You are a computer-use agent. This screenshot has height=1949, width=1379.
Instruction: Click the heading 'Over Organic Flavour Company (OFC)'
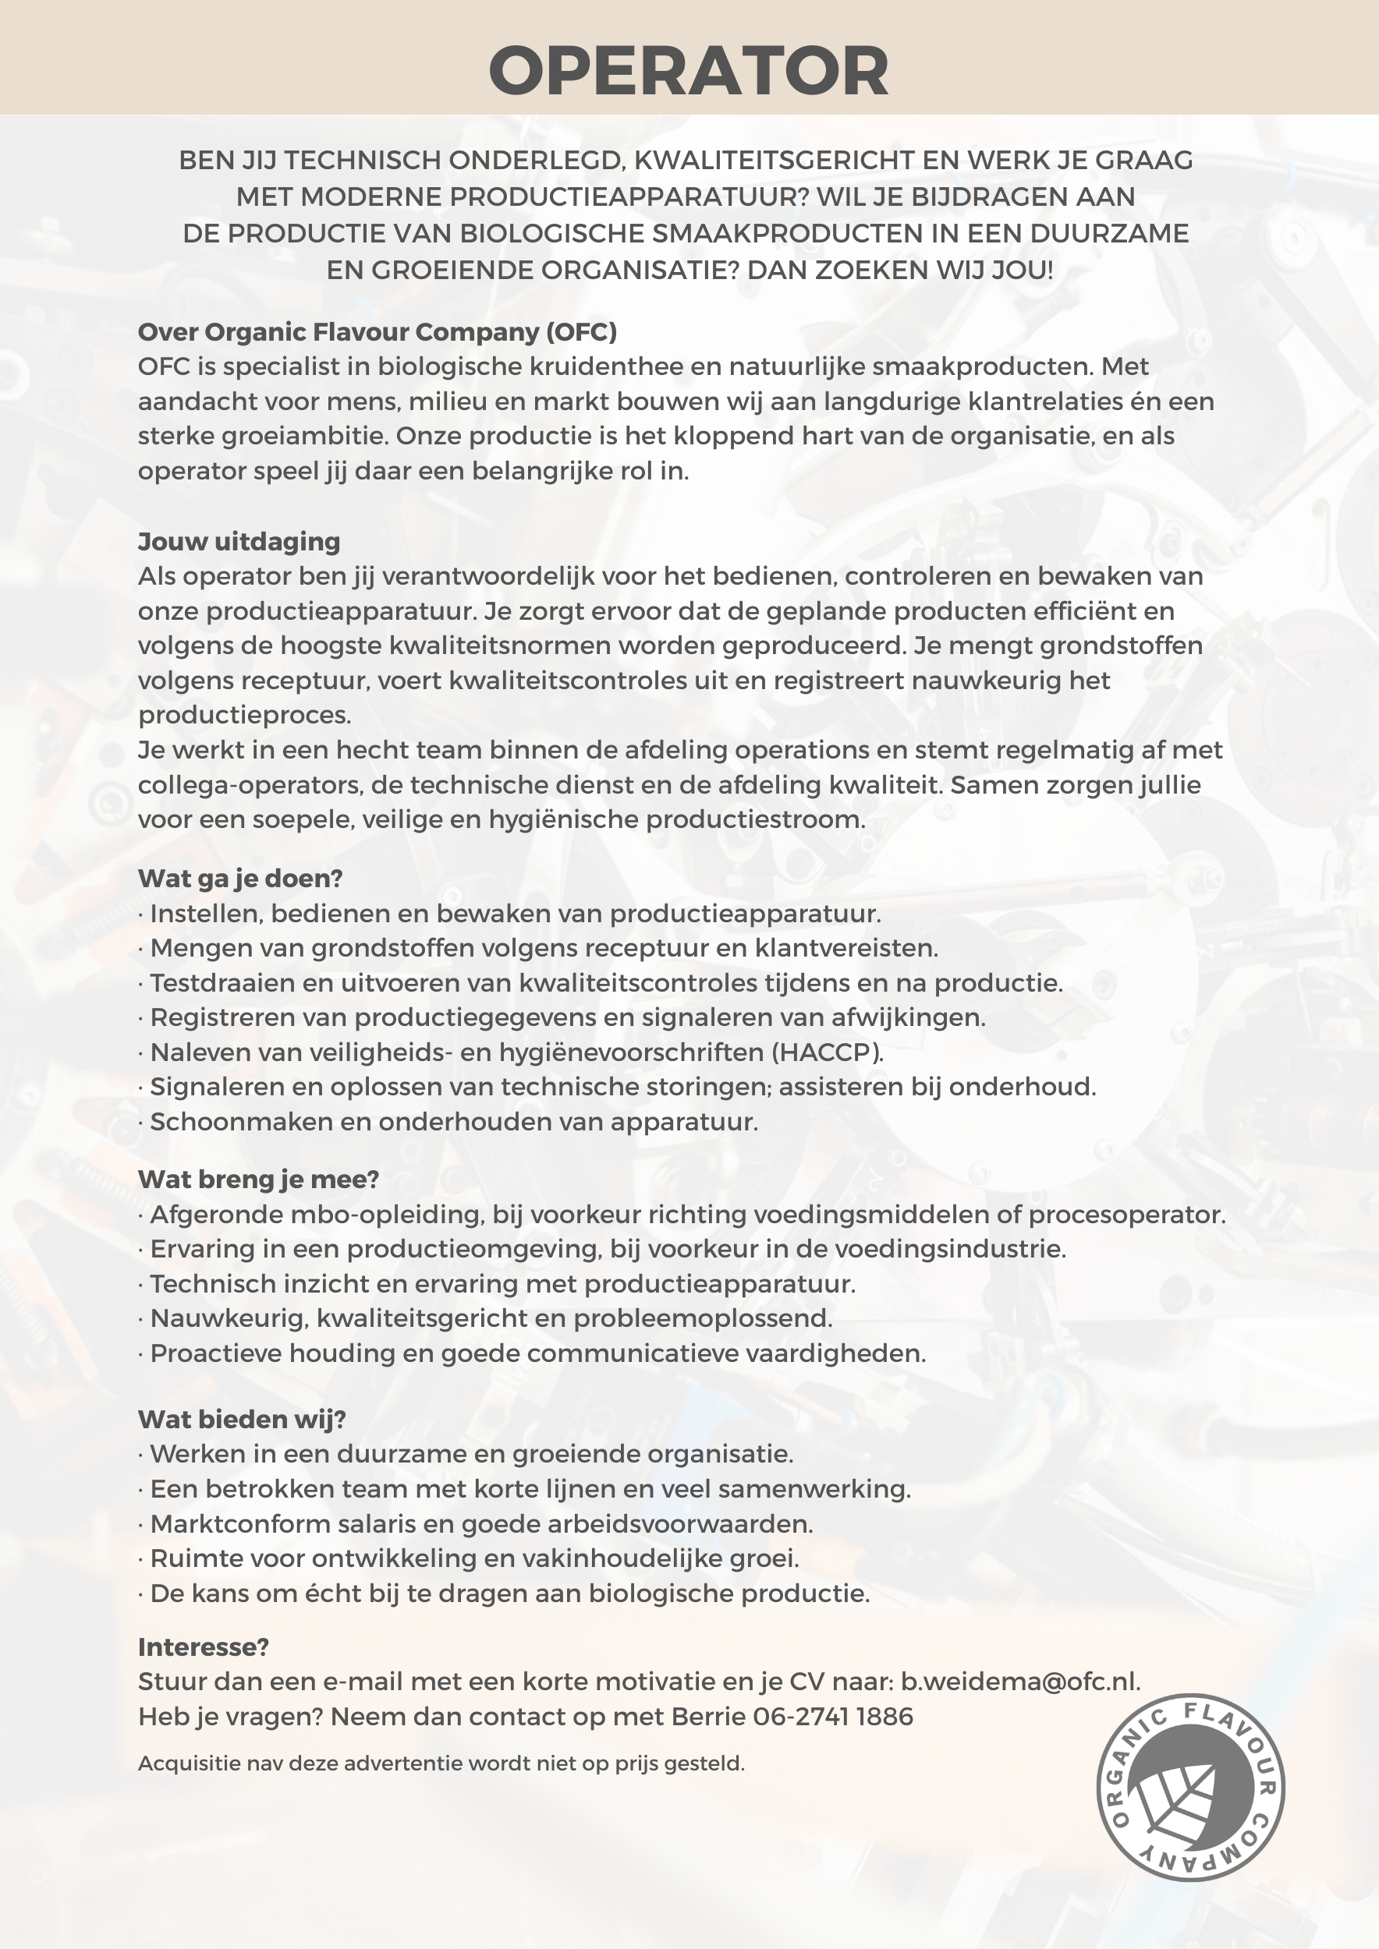(377, 331)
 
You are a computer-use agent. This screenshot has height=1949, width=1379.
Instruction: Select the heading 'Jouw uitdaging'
(239, 541)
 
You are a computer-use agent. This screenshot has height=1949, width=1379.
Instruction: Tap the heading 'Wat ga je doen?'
(239, 878)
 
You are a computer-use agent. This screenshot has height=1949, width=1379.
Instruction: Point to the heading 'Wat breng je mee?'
(258, 1179)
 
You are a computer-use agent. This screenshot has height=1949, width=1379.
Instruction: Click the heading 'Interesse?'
(203, 1647)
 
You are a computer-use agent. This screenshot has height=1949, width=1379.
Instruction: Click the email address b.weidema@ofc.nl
(1019, 1682)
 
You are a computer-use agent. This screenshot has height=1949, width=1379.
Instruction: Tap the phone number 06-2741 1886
(833, 1717)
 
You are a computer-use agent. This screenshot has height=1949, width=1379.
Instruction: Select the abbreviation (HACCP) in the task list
(827, 1052)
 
